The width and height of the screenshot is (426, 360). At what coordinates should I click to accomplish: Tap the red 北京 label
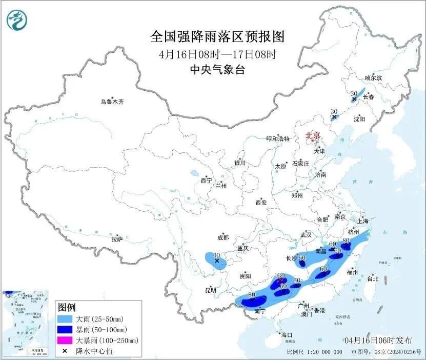pos(313,135)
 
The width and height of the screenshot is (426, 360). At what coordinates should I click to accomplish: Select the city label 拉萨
pos(117,239)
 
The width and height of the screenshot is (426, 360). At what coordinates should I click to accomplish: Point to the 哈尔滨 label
pos(373,78)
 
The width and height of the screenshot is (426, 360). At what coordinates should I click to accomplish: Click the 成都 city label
pos(222,237)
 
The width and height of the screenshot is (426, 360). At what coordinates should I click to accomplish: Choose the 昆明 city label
pos(211,290)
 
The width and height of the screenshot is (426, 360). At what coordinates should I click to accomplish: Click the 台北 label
pos(372,279)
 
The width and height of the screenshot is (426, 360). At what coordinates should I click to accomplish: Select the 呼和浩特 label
pos(278,139)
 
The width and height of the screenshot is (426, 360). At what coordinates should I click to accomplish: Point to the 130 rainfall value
pos(279,275)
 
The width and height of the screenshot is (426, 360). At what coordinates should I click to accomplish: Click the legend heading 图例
pos(67,307)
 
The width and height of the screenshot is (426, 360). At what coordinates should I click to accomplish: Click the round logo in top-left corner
pos(17,20)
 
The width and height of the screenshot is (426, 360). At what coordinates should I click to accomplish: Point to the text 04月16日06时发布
pos(378,340)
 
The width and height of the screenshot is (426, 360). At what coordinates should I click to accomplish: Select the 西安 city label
pos(261,203)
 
